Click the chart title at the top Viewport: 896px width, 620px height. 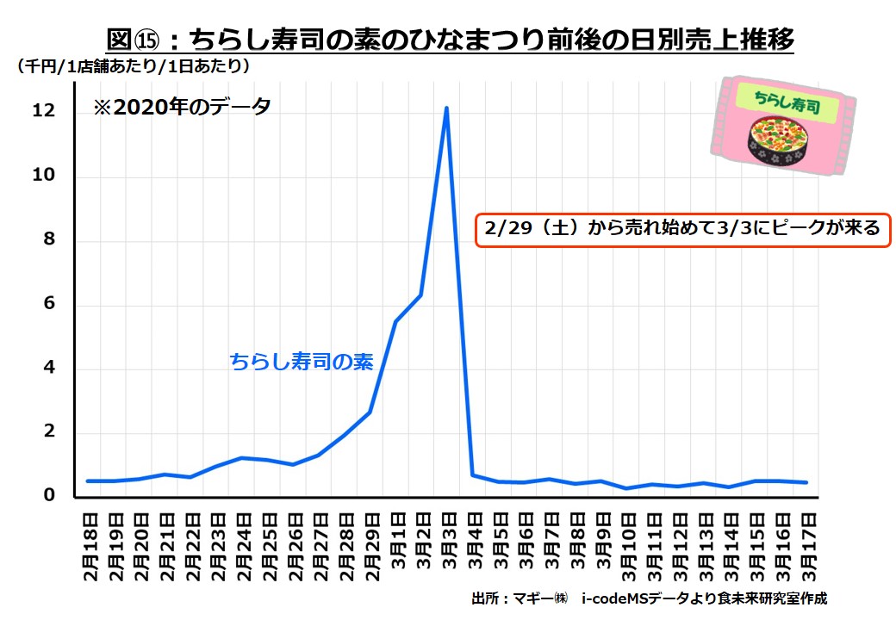coord(449,40)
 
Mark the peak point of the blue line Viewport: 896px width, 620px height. coord(446,108)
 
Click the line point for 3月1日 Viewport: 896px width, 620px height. coord(395,321)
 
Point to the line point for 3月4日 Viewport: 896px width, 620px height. coord(472,474)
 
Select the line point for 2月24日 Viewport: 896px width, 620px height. coord(243,457)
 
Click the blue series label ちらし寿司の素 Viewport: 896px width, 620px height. coord(302,363)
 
